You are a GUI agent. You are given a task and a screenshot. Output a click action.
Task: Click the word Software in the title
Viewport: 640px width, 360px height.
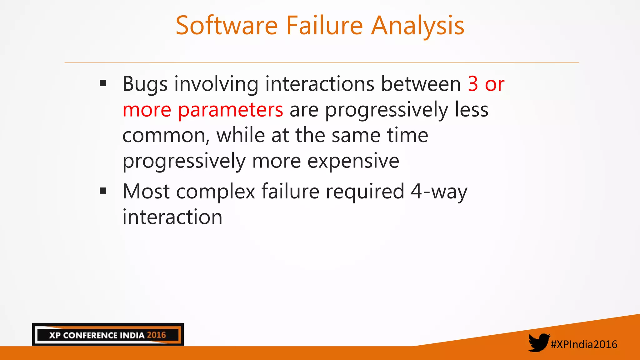227,26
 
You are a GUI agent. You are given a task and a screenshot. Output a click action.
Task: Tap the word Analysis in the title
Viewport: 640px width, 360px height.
418,26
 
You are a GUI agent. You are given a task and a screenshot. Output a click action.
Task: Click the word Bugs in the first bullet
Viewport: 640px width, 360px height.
145,84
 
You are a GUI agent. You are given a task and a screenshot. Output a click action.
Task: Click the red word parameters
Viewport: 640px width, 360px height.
230,110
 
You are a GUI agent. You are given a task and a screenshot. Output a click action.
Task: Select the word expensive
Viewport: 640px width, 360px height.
353,162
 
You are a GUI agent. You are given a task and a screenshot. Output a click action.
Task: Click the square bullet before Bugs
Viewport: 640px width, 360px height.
103,83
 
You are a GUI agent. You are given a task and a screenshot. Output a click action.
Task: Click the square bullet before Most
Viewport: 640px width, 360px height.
103,191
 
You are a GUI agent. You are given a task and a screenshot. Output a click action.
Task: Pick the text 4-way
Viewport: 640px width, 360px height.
439,192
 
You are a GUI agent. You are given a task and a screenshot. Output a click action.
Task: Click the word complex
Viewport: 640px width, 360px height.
216,192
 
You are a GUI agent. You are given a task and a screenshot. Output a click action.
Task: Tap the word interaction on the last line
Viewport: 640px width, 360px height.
172,217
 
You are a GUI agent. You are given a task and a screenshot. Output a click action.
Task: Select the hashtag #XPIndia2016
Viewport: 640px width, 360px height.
584,344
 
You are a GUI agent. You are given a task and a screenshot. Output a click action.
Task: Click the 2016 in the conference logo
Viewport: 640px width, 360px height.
156,335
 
